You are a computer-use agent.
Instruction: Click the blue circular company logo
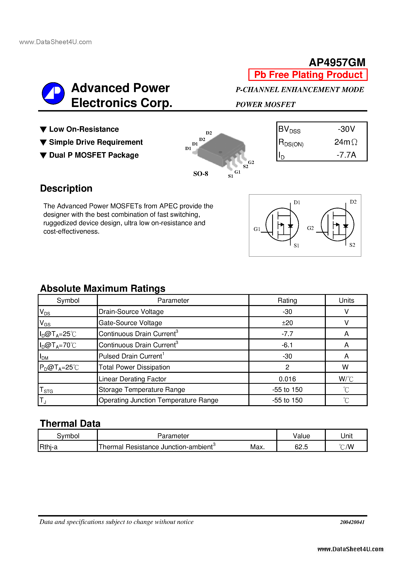(53, 93)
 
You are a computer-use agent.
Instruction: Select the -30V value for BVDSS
(346, 129)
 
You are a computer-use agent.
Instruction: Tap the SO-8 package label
(200, 174)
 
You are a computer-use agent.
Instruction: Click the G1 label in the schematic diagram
(257, 229)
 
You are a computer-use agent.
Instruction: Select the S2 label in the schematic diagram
(352, 245)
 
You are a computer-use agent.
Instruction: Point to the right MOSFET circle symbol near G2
(337, 225)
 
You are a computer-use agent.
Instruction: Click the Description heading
(66, 188)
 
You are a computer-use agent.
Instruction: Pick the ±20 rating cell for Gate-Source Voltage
(287, 323)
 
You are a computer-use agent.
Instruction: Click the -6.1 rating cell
(287, 345)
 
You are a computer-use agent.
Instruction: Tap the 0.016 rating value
(287, 379)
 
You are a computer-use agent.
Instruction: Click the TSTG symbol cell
(46, 390)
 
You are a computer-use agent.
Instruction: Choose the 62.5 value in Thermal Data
(301, 447)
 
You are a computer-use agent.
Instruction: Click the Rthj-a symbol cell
(49, 447)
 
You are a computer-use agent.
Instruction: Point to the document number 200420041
(352, 522)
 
